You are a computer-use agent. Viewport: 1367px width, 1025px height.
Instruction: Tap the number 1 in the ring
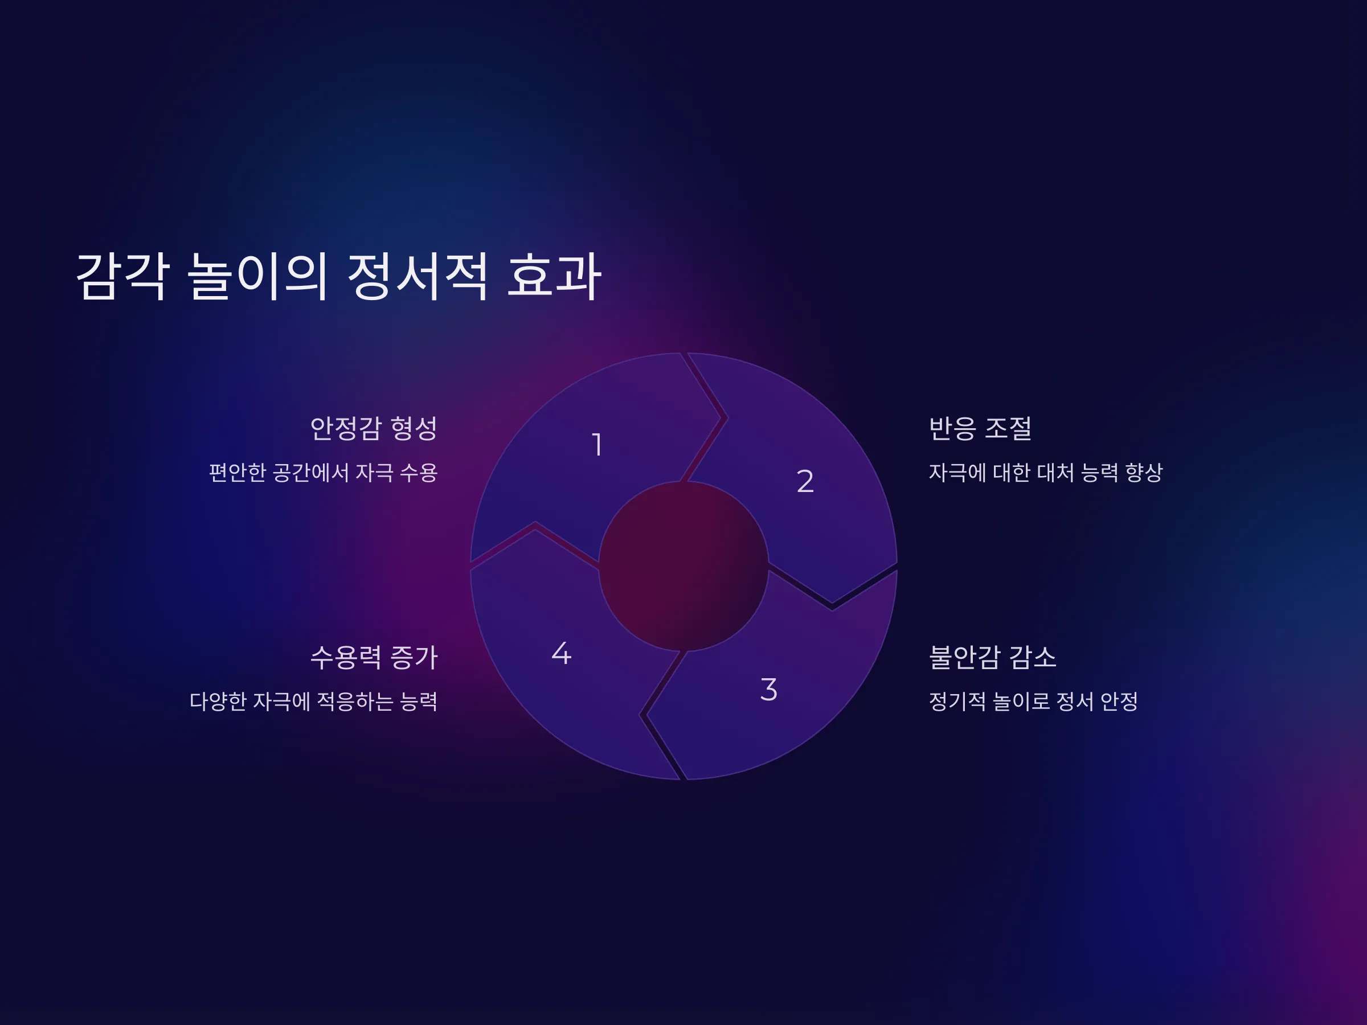point(597,445)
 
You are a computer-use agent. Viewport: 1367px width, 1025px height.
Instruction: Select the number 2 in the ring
point(805,481)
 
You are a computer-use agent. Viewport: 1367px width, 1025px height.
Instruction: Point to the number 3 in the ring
point(769,690)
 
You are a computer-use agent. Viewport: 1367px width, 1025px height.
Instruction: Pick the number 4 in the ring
point(561,653)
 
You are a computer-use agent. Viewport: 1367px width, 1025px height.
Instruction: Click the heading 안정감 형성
point(374,428)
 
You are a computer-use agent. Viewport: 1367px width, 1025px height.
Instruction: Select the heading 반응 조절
point(980,428)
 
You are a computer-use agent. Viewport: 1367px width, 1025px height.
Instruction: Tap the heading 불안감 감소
point(992,657)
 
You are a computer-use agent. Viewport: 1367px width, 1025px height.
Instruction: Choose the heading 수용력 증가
point(374,657)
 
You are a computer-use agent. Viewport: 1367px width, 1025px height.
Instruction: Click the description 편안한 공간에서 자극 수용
point(323,473)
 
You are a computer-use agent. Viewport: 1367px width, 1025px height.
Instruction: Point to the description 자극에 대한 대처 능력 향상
point(1046,473)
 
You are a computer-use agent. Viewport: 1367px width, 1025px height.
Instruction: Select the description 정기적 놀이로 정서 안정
point(1033,701)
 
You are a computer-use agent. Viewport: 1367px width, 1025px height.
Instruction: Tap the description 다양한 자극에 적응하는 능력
point(313,701)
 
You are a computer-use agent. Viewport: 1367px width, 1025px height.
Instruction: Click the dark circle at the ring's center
point(683,566)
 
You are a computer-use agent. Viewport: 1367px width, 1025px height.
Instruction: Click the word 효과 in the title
point(554,276)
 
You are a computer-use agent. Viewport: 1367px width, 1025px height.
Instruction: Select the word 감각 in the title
point(122,276)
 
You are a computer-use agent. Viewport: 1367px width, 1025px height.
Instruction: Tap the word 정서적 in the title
point(418,276)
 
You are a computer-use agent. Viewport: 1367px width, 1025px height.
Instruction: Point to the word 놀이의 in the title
point(257,276)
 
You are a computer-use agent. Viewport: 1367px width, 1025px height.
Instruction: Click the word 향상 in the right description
point(1144,473)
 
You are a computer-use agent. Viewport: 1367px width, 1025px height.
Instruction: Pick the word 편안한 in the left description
point(238,473)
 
